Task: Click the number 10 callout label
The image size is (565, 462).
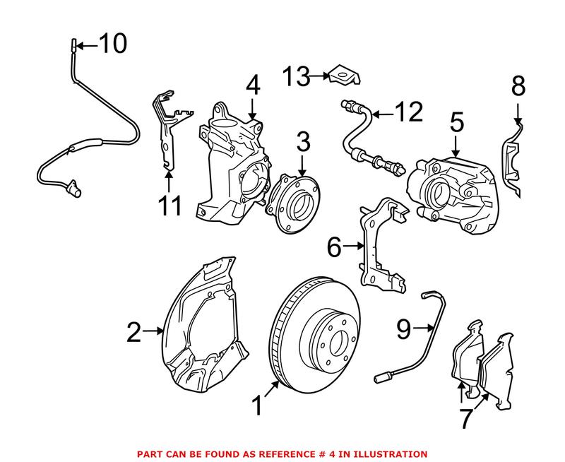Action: pos(112,44)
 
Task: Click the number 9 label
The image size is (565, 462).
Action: pos(403,327)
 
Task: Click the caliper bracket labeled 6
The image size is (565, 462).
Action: pos(382,247)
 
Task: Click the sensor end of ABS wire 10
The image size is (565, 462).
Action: pos(73,189)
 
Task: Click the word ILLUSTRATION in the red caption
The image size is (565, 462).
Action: pos(386,453)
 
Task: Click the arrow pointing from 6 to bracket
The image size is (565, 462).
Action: pos(355,247)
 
